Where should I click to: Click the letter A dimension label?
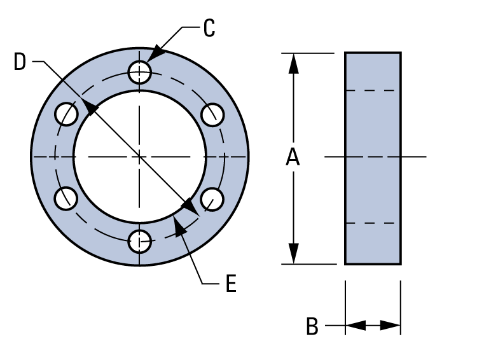click(x=292, y=157)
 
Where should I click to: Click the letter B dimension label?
click(x=312, y=326)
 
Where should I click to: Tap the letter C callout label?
click(x=210, y=28)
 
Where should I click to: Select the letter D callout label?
click(x=21, y=62)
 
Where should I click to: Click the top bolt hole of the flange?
click(x=139, y=72)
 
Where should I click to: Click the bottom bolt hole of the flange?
click(x=139, y=241)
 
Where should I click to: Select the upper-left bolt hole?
click(x=66, y=114)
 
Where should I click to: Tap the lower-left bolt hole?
click(x=66, y=198)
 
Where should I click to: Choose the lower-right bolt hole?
click(x=212, y=198)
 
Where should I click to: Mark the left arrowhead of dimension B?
click(x=354, y=326)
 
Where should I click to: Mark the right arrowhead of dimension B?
click(x=392, y=326)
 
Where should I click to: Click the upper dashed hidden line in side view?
click(x=373, y=90)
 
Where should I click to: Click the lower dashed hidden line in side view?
click(x=373, y=223)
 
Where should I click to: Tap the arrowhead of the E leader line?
click(x=179, y=225)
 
